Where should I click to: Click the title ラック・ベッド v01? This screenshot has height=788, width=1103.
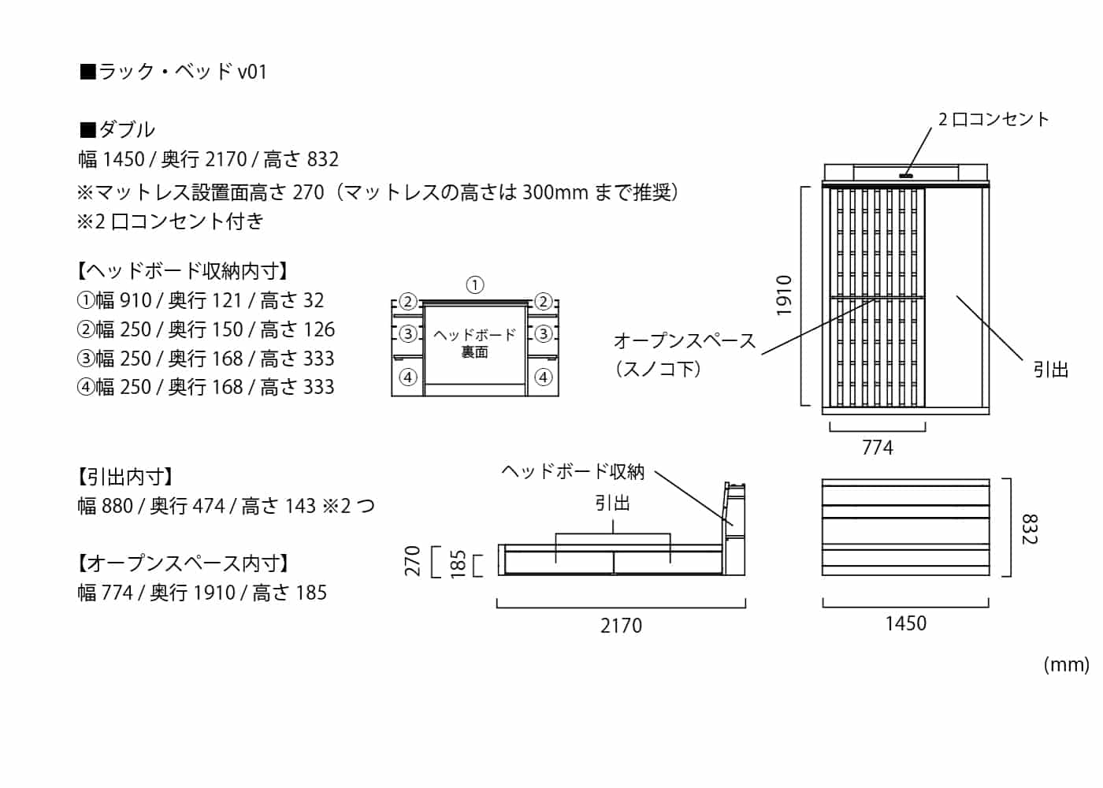pyautogui.click(x=173, y=72)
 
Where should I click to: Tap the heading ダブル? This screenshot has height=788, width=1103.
pyautogui.click(x=117, y=129)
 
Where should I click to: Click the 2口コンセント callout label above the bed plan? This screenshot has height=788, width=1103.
pyautogui.click(x=993, y=119)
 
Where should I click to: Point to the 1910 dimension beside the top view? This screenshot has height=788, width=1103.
pyautogui.click(x=784, y=295)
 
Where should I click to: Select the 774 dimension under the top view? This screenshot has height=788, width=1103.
pyautogui.click(x=878, y=448)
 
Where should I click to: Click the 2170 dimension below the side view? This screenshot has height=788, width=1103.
pyautogui.click(x=621, y=626)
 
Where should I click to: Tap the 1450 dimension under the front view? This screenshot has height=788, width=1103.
pyautogui.click(x=905, y=623)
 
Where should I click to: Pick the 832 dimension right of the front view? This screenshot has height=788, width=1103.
pyautogui.click(x=1029, y=529)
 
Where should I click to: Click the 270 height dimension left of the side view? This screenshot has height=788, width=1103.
pyautogui.click(x=413, y=560)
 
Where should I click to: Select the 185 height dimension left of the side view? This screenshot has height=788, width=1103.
pyautogui.click(x=458, y=564)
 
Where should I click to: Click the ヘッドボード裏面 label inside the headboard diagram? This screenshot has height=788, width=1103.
pyautogui.click(x=474, y=344)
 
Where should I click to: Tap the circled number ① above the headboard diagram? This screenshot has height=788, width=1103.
pyautogui.click(x=474, y=284)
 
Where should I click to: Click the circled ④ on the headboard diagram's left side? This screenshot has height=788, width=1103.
pyautogui.click(x=407, y=377)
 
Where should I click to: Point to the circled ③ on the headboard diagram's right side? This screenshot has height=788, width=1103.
pyautogui.click(x=543, y=333)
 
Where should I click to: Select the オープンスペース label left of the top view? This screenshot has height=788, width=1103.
pyautogui.click(x=684, y=341)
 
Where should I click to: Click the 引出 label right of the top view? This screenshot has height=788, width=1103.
pyautogui.click(x=1051, y=370)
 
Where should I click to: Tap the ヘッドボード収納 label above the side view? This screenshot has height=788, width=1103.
pyautogui.click(x=573, y=471)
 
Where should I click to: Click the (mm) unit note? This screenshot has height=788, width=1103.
pyautogui.click(x=1066, y=664)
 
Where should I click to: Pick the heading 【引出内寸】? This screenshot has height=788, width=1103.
pyautogui.click(x=125, y=477)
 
